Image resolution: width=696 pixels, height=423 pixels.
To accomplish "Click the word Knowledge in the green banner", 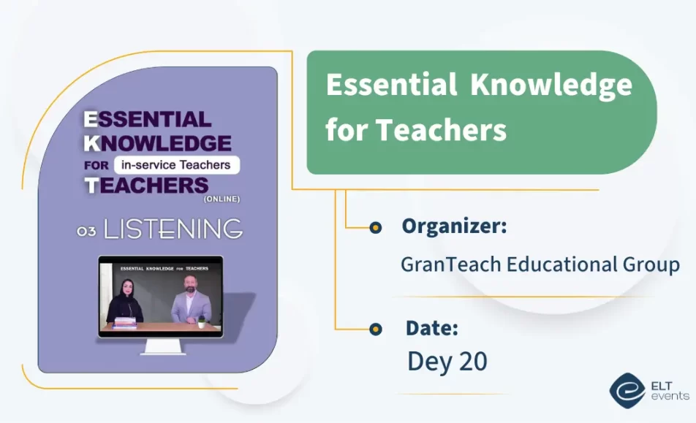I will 551,86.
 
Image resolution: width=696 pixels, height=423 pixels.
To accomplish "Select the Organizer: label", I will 454,226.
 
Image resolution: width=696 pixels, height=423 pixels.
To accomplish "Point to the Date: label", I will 432,328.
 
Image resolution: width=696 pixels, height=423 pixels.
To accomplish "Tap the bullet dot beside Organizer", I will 375,228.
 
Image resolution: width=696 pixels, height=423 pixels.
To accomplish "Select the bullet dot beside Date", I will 375,329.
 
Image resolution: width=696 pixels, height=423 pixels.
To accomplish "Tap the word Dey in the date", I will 428,362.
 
